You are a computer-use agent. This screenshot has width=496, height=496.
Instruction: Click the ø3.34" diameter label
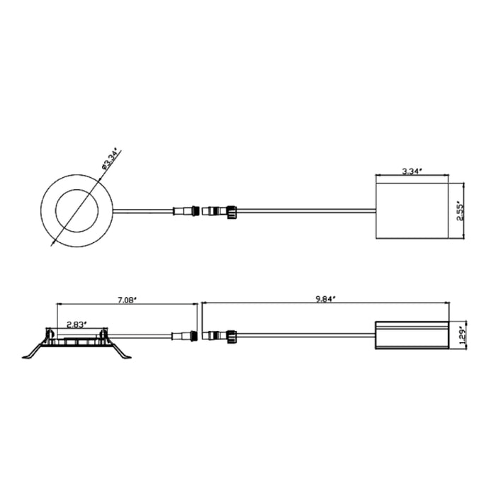pos(111,159)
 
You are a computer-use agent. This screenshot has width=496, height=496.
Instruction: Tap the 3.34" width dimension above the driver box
pos(412,171)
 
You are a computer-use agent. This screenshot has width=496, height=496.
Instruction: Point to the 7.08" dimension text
pos(126,300)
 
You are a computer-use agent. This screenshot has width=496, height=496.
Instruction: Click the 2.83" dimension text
pos(77,324)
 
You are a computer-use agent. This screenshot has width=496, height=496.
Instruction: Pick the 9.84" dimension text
pos(325,299)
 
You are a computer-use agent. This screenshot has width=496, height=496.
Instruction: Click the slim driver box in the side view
pos(412,334)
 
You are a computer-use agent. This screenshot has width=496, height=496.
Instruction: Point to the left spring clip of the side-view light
pos(34,351)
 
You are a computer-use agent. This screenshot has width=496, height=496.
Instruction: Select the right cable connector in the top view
pos(220,210)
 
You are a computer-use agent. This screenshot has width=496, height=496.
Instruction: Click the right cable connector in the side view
pos(220,334)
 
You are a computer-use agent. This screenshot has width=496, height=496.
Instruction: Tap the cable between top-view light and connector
pos(142,210)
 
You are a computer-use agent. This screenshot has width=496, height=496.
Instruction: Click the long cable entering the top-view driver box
pos(305,210)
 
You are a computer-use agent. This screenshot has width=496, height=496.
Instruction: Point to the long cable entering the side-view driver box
pos(305,334)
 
